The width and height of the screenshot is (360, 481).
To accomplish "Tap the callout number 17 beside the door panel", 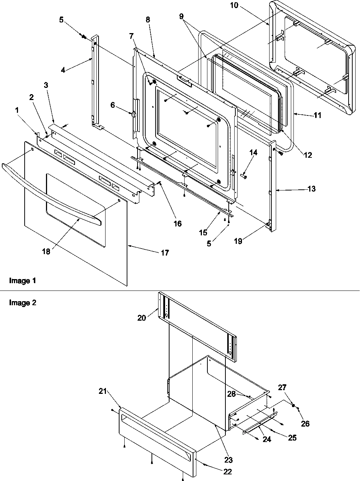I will (x=165, y=253).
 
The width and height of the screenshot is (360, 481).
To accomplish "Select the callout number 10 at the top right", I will (x=245, y=6).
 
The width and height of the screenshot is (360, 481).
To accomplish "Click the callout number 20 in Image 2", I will (x=142, y=318).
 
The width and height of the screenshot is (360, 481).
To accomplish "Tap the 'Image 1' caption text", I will (x=22, y=281).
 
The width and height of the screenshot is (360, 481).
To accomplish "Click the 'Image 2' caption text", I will (x=22, y=303).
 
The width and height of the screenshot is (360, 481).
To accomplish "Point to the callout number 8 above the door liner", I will (x=148, y=20).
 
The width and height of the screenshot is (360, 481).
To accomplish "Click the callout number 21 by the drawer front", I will (x=102, y=391).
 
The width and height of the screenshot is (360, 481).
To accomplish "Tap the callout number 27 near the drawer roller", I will (x=292, y=387).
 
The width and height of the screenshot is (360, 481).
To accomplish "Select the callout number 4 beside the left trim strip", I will (x=63, y=70).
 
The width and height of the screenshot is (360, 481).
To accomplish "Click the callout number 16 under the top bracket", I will (x=178, y=224).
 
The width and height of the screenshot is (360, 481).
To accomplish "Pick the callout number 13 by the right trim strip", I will (x=312, y=189).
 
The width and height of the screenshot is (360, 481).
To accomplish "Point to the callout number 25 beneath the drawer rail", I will (x=292, y=438).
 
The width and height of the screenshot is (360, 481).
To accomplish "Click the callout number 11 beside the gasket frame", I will (x=317, y=115).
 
